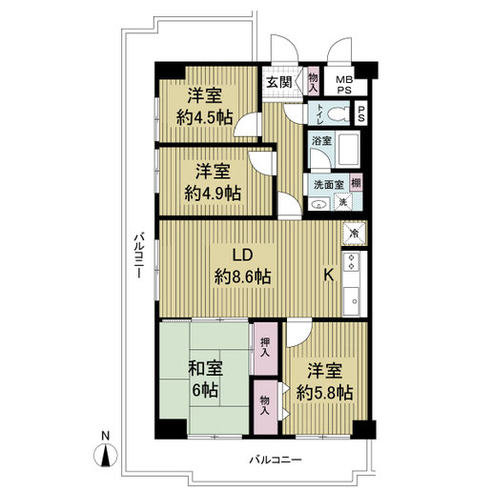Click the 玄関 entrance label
pyautogui.click(x=279, y=83)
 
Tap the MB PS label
pyautogui.click(x=344, y=85)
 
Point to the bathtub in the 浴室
pyautogui.click(x=349, y=149)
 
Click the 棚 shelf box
pyautogui.click(x=356, y=183)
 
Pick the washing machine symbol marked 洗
pyautogui.click(x=343, y=201)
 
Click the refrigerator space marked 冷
pyautogui.click(x=354, y=234)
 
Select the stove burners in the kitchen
pyautogui.click(x=352, y=261)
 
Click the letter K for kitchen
pyautogui.click(x=328, y=275)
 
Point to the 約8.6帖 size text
pyautogui.click(x=243, y=277)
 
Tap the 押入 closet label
pyautogui.click(x=265, y=347)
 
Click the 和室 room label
pyautogui.click(x=205, y=368)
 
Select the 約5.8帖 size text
pyautogui.click(x=324, y=393)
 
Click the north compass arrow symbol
pyautogui.click(x=106, y=455)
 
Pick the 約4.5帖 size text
pyautogui.click(x=205, y=118)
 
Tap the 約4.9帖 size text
pyautogui.click(x=213, y=193)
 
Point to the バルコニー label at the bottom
pyautogui.click(x=276, y=460)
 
